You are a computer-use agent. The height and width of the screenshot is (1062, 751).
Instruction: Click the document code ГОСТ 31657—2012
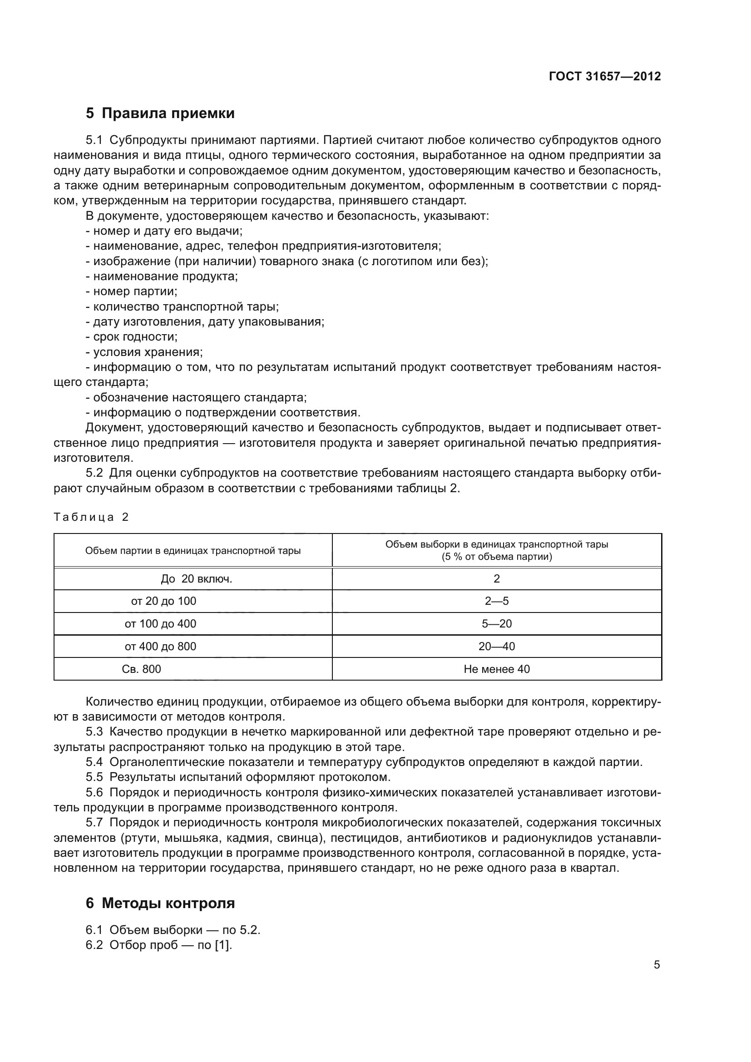tap(604, 76)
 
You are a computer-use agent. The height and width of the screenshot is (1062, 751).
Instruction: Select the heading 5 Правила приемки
tap(160, 114)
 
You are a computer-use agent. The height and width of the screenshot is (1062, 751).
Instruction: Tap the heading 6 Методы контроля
tap(160, 903)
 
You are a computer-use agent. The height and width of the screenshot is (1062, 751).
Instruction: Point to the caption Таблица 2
tap(91, 517)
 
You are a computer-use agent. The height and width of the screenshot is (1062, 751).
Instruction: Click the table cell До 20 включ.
tap(193, 578)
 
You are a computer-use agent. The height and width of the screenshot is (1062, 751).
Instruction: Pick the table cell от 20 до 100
tap(163, 601)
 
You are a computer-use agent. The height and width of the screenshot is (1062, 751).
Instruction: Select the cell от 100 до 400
tap(160, 623)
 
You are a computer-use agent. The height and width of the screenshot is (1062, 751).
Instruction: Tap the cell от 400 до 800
tap(160, 646)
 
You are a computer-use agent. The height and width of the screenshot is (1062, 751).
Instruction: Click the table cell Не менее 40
tap(497, 669)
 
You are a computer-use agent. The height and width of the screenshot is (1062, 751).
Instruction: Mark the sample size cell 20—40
tap(497, 646)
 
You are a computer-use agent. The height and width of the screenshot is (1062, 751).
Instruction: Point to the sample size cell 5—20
tap(497, 623)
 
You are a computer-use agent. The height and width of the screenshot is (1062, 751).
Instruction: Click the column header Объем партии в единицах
tap(193, 550)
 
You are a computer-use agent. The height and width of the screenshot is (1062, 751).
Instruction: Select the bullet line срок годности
tap(132, 337)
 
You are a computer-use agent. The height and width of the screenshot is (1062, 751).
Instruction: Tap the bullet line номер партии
tap(132, 291)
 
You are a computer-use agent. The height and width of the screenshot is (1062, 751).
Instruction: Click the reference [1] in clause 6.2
tap(222, 945)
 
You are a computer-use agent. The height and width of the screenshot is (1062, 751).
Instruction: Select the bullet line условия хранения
tap(144, 352)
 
